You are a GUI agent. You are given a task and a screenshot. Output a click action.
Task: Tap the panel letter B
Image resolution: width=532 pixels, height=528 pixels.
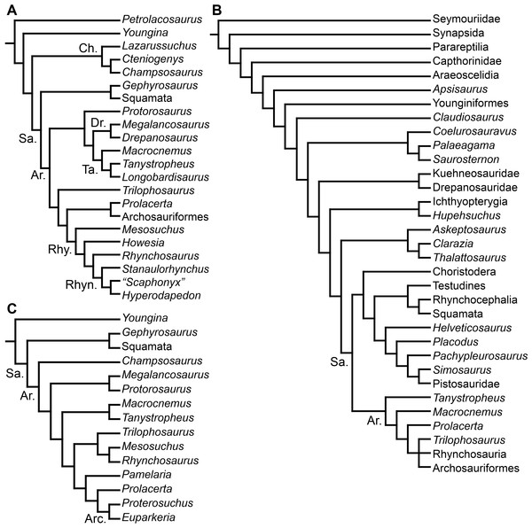(219, 10)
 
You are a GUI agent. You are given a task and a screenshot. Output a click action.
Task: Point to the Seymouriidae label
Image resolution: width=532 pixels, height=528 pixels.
(467, 18)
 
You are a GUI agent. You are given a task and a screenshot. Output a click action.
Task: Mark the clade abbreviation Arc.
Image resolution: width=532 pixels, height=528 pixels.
(90, 513)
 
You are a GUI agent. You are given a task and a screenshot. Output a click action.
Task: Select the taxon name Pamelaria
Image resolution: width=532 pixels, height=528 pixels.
(146, 475)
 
